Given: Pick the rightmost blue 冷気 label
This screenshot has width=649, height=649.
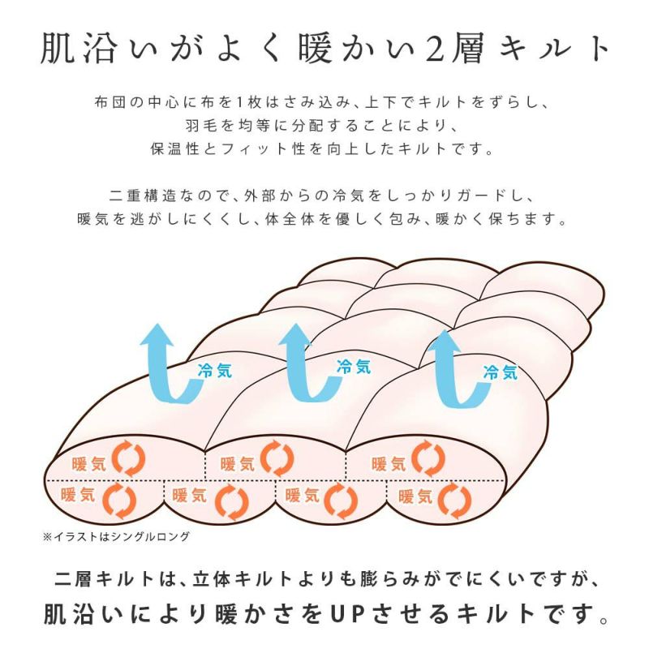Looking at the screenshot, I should click(x=500, y=372).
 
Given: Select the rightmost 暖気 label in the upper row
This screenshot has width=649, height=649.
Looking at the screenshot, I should click(x=389, y=464).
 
